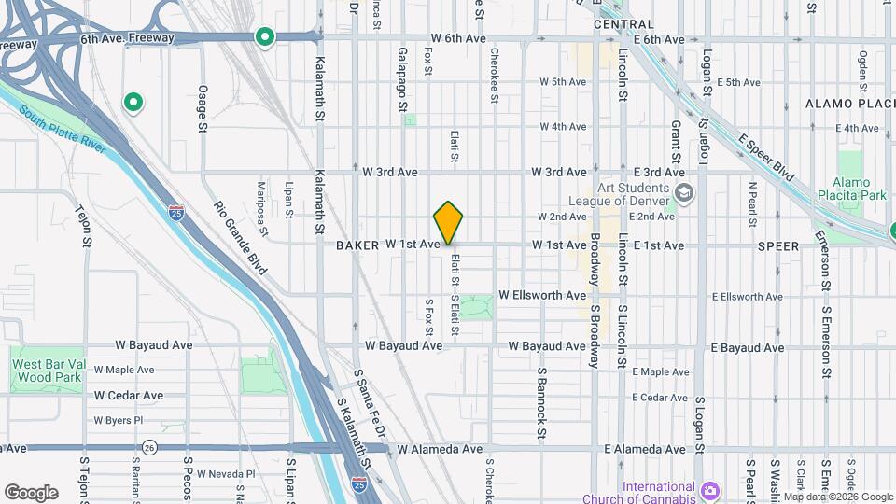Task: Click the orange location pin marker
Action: tap(449, 222)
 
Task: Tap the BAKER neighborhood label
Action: tap(357, 245)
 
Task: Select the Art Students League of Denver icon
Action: tap(686, 193)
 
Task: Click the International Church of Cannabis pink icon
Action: tap(709, 489)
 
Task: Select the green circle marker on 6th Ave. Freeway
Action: tap(265, 37)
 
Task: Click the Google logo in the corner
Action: tap(31, 493)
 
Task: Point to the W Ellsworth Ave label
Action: tap(542, 295)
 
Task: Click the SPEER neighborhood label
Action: tap(778, 246)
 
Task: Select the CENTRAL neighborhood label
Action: tap(623, 23)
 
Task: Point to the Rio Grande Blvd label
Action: tap(240, 239)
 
